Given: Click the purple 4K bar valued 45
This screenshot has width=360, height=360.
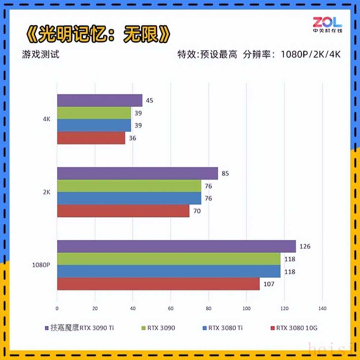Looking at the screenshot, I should [100, 101].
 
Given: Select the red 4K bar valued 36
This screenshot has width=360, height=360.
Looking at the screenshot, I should [91, 138].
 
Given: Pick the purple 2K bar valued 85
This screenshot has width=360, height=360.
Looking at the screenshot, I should [137, 174].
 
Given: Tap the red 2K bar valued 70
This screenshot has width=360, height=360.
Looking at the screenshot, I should [123, 211].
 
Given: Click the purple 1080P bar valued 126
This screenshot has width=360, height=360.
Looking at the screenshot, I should [176, 246].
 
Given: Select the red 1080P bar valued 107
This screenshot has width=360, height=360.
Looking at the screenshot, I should [158, 284].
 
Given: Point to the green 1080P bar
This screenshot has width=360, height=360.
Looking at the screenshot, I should [169, 259].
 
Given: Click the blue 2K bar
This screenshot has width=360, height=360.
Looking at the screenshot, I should [129, 198].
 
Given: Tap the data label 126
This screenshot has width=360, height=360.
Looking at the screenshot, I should [305, 246].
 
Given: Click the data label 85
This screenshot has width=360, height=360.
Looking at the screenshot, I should [225, 174].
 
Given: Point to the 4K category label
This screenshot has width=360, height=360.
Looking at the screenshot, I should [46, 119].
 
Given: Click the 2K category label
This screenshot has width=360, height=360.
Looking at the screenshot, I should [46, 192].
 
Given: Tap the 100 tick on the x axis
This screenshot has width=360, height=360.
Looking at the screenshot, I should [246, 308].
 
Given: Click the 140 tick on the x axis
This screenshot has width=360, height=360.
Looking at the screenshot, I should [322, 308].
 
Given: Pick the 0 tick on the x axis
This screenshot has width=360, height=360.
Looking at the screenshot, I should [57, 308].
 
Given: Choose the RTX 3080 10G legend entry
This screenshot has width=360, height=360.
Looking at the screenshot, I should [294, 328].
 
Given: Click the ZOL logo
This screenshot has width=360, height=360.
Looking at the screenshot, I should [327, 24].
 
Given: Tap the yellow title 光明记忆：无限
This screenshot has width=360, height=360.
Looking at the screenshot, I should [98, 35].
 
